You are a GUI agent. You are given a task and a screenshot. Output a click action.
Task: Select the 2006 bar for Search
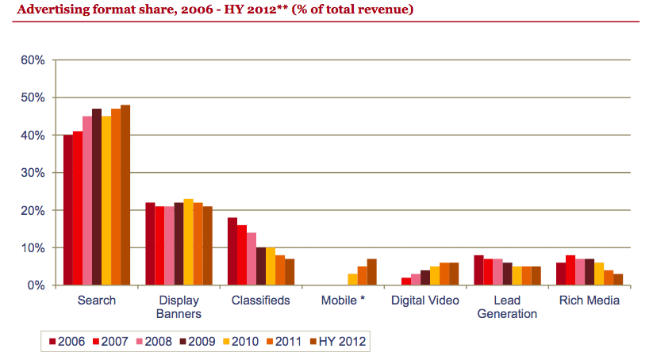click(x=68, y=210)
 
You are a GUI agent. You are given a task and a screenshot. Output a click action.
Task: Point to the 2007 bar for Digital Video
click(x=406, y=281)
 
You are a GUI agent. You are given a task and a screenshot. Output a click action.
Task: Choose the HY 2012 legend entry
click(x=339, y=342)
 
